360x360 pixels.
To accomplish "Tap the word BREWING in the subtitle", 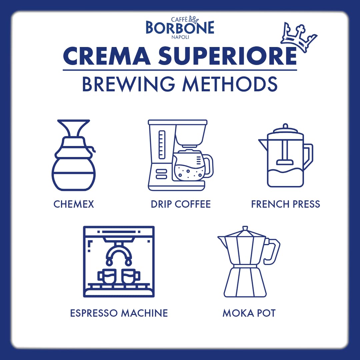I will (x=128, y=84).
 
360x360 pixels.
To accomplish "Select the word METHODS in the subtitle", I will (x=230, y=84).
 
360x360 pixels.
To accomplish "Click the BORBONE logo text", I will (x=180, y=28).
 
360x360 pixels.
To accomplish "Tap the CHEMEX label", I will (x=74, y=204).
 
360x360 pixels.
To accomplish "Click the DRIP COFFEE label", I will (x=181, y=204).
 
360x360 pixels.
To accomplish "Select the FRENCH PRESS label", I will (x=285, y=204).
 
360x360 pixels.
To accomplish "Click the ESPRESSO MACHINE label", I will (x=119, y=313).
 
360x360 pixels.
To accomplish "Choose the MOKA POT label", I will (x=249, y=313).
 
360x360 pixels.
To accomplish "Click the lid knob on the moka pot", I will (x=245, y=229).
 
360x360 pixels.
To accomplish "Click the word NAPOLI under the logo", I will (x=180, y=37).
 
